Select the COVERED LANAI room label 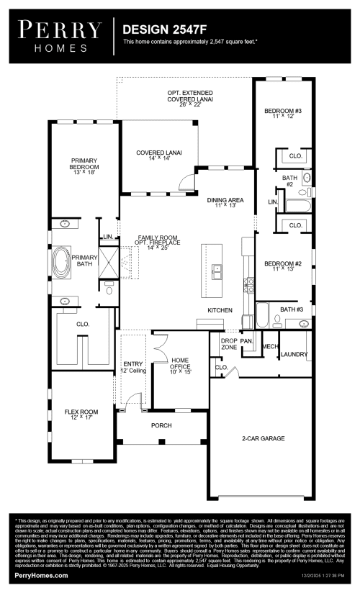(x=159, y=155)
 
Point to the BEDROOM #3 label (x=282, y=113)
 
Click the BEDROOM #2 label (x=282, y=266)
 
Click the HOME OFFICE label (x=180, y=364)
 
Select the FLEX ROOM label (x=81, y=414)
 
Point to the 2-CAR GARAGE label (x=263, y=438)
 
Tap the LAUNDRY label (x=294, y=354)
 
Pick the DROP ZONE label (x=229, y=344)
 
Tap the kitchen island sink (x=217, y=271)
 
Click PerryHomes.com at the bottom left (x=42, y=576)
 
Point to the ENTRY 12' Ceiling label (x=134, y=367)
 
